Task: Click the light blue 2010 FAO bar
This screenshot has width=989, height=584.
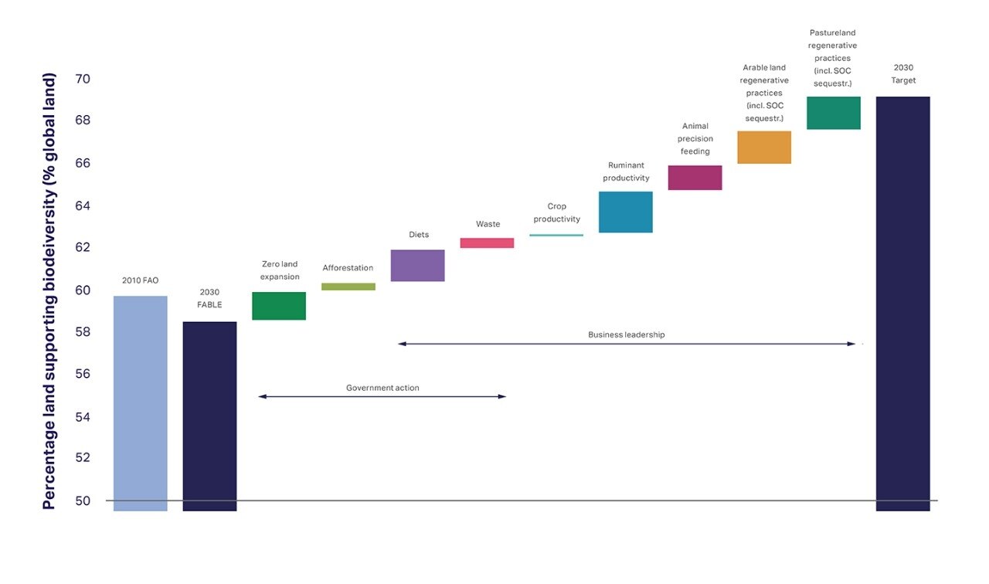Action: coord(141,403)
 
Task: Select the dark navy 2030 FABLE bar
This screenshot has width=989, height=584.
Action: coord(209,416)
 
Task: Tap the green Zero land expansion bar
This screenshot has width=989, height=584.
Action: coord(279,306)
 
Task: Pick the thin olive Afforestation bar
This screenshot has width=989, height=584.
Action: coord(348,287)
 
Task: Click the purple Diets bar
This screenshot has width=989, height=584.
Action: coord(418,265)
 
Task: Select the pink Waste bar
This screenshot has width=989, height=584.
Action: coord(487,243)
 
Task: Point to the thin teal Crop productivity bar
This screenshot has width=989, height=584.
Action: coord(556,236)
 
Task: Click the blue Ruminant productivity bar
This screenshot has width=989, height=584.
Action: coord(626,212)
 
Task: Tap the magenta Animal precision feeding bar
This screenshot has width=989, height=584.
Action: coord(695,178)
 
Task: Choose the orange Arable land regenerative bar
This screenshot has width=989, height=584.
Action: coord(764,148)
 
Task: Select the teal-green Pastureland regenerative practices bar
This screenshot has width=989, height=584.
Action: coord(834,113)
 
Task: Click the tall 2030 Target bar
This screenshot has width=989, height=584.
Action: coord(903,304)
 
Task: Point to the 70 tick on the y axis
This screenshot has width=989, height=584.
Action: coord(83,79)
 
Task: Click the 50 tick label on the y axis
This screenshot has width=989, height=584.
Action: coord(83,501)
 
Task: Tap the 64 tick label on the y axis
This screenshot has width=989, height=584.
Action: coord(83,205)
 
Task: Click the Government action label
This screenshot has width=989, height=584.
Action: coord(382,388)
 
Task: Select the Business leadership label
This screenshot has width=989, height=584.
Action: coord(626,334)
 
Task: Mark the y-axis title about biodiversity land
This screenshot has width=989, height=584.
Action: coord(49,291)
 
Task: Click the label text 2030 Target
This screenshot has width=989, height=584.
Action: coord(903,73)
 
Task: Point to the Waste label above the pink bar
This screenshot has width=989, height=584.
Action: coord(488,224)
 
